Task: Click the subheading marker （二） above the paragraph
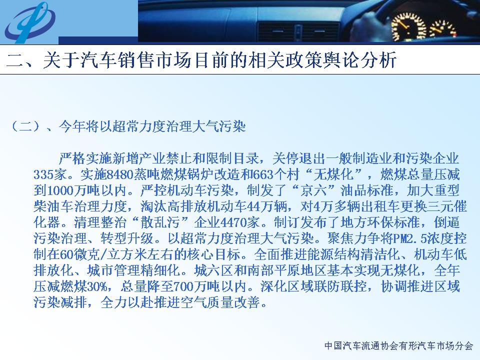tap(25, 126)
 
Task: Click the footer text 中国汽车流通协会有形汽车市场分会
tap(398, 345)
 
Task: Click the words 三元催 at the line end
tap(446, 206)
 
